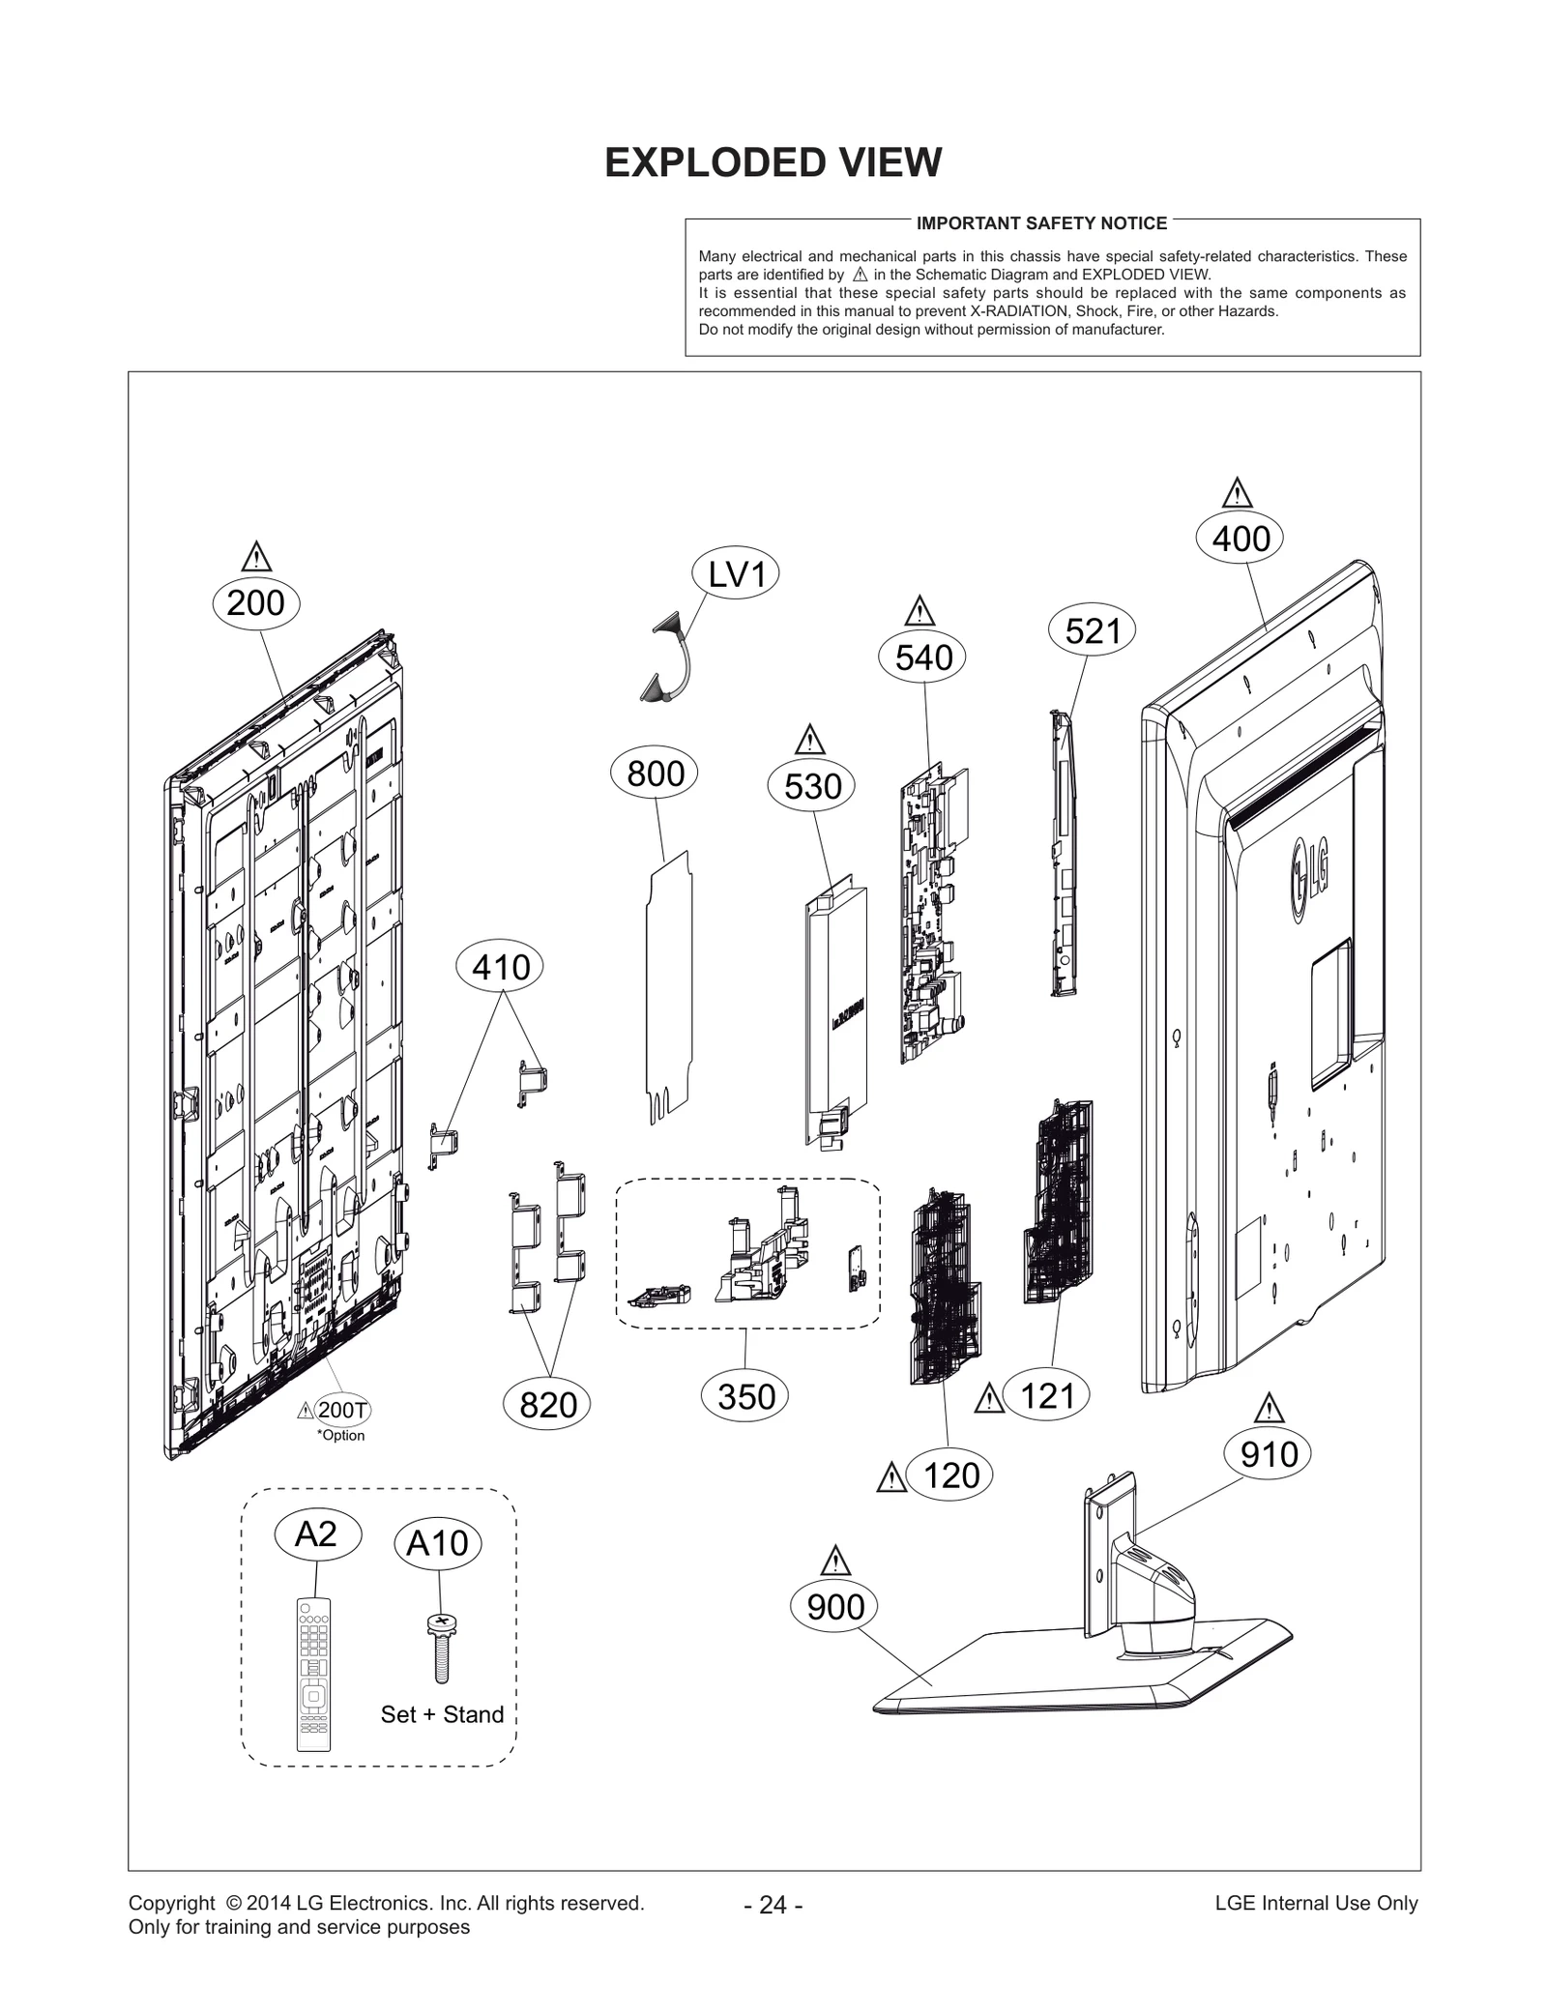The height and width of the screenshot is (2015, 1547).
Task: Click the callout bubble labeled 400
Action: [1241, 539]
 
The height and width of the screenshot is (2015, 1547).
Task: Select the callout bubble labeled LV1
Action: [736, 574]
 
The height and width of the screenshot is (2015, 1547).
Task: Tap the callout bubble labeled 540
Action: [923, 657]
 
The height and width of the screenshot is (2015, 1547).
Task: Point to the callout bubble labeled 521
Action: [1092, 631]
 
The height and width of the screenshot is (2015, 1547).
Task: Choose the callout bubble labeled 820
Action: [548, 1404]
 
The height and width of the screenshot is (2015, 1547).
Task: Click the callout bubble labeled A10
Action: [437, 1543]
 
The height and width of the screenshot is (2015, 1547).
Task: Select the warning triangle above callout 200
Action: [256, 558]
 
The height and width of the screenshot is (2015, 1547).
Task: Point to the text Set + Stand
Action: [442, 1714]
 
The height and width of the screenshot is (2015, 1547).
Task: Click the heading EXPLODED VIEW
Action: [773, 162]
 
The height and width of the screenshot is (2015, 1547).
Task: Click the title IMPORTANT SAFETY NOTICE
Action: [1041, 223]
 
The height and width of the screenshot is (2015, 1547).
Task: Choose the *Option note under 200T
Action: [341, 1435]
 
